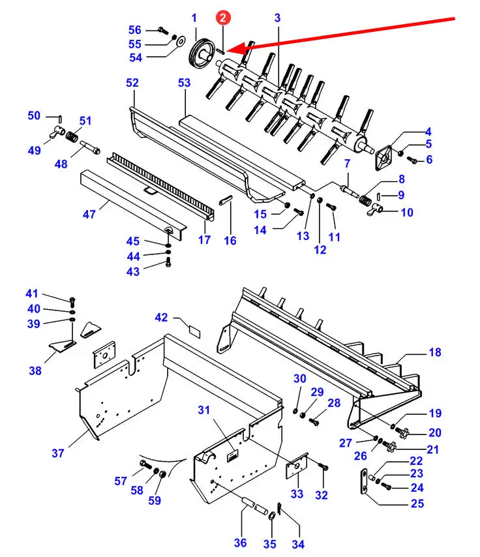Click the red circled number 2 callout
click(x=223, y=18)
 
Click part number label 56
click(x=134, y=30)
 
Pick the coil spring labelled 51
click(x=72, y=137)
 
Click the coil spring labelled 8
click(x=365, y=201)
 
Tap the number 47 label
click(x=89, y=214)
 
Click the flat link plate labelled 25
click(x=364, y=481)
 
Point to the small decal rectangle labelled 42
click(x=195, y=332)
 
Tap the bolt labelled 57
click(x=145, y=464)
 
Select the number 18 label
click(x=435, y=352)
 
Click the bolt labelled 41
click(x=72, y=302)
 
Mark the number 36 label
click(x=240, y=543)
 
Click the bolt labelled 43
click(x=168, y=263)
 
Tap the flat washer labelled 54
click(x=181, y=42)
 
